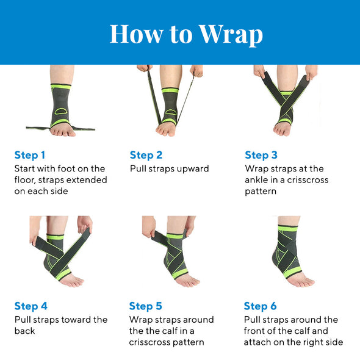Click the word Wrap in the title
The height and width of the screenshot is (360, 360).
[x=231, y=34]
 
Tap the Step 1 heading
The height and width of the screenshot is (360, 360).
[x=30, y=156]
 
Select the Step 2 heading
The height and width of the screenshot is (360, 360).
[x=146, y=156]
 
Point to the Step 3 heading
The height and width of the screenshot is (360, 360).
[x=261, y=156]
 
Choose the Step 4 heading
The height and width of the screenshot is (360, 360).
[x=31, y=306]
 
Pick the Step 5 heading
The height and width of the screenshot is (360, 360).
[x=146, y=306]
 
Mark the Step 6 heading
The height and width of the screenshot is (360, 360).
[x=260, y=306]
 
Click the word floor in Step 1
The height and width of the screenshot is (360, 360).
[x=25, y=180]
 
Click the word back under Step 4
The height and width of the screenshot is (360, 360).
[x=24, y=331]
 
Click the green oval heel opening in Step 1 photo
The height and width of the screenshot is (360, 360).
[x=61, y=111]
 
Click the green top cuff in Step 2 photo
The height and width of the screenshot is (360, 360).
[x=170, y=90]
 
